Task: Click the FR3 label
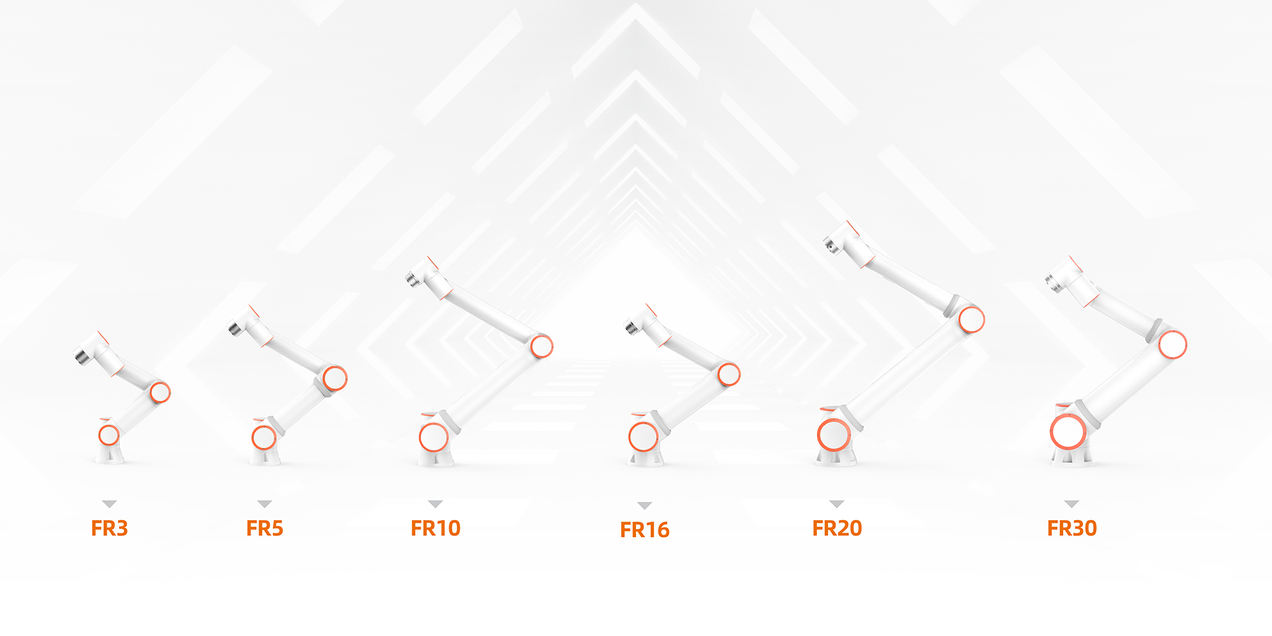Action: coord(109,528)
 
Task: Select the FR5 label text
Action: coord(264,528)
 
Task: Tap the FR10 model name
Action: coord(435,528)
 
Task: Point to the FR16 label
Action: coord(645,530)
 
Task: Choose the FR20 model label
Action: coord(837,528)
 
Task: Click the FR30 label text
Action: coord(1072,528)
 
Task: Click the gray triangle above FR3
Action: coord(109,504)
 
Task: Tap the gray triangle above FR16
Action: coord(645,505)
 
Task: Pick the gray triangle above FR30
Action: coord(1072,504)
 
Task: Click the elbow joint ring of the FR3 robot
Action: coord(160,392)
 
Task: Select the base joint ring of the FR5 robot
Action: coord(264,438)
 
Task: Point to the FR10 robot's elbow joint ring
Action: coord(541,346)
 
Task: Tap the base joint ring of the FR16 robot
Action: coord(643,437)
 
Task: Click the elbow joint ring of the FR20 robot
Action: coord(971,319)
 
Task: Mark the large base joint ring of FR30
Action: coord(1068,432)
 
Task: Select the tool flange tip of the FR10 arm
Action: coord(412,279)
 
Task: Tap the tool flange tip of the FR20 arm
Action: coord(829,245)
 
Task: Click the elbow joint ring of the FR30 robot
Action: coord(1173,344)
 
